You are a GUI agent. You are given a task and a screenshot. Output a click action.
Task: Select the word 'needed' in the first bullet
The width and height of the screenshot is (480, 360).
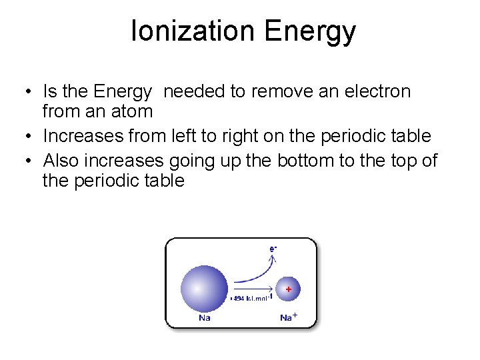click(194, 91)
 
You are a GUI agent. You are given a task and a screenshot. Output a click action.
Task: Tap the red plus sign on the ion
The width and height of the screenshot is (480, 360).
click(289, 289)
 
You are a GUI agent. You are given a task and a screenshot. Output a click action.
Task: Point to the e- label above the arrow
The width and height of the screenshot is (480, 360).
click(273, 249)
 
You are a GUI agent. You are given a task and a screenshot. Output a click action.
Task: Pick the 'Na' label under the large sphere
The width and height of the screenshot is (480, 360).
click(205, 317)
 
